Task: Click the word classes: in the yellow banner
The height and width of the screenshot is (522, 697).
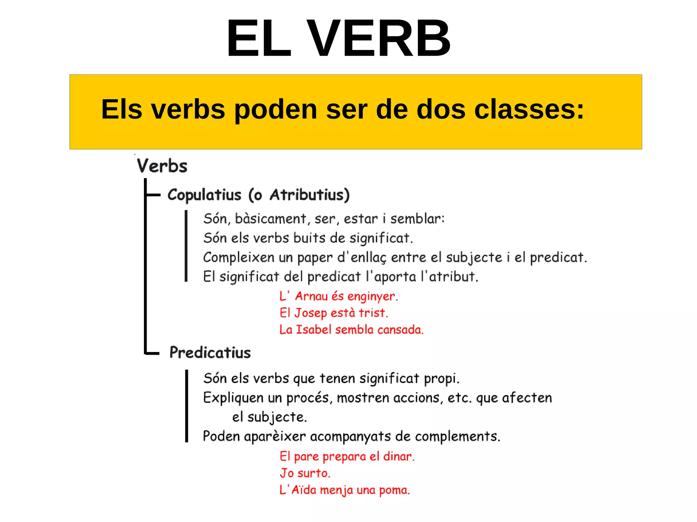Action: click(529, 110)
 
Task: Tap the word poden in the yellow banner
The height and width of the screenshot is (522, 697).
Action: click(276, 110)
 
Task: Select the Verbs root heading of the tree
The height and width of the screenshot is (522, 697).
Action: click(162, 166)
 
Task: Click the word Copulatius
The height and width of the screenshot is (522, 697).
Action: click(204, 195)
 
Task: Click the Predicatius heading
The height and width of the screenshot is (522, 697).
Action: click(210, 352)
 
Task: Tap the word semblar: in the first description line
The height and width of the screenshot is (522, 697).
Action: click(417, 219)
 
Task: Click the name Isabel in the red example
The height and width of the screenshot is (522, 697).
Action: click(313, 330)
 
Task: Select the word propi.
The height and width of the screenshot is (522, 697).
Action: click(441, 378)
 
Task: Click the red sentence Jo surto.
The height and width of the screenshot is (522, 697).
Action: click(305, 473)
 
